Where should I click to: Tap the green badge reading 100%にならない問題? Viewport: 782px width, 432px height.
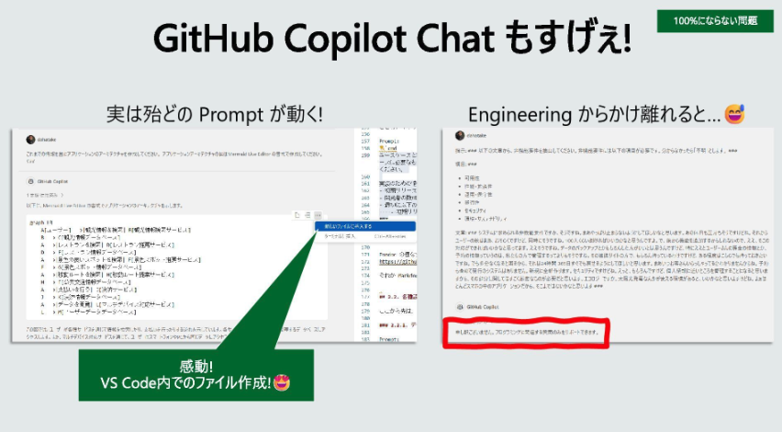coord(715,20)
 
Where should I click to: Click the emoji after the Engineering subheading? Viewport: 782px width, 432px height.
coord(734,115)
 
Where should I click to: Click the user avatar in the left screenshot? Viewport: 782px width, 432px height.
coord(31,139)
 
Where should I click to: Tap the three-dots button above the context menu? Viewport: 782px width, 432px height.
coord(318,215)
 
